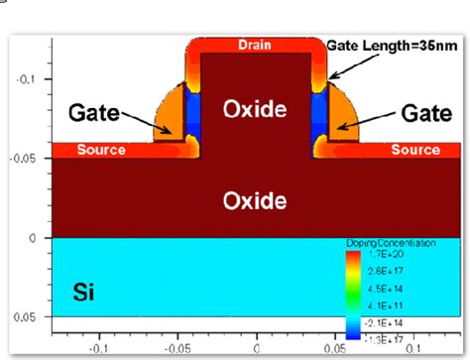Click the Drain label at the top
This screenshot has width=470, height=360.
click(x=258, y=46)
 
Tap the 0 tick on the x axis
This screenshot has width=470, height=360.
click(x=257, y=349)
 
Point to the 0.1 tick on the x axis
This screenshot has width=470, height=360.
click(x=415, y=349)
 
